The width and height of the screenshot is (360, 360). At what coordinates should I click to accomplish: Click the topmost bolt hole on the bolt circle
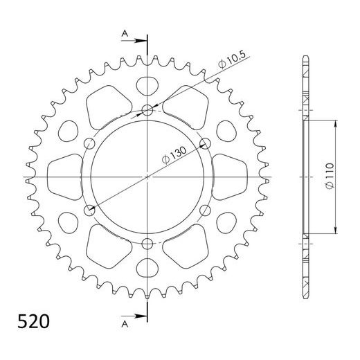(147, 109)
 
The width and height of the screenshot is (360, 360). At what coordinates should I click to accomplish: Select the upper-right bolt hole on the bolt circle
(205, 143)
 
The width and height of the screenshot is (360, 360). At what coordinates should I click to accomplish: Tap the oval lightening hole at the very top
(147, 86)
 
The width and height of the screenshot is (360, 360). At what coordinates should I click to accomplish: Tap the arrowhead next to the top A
(143, 39)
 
